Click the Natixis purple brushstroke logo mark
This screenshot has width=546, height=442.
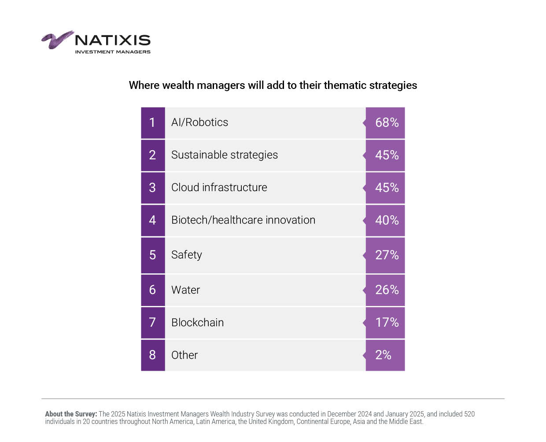tap(57, 40)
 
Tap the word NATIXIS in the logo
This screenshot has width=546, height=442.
tap(113, 41)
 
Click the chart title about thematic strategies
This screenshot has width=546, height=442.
tap(273, 85)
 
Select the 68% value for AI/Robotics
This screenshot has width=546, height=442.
tap(386, 123)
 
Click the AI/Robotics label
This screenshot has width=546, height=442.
tap(199, 122)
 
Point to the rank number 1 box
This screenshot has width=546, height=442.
tap(153, 123)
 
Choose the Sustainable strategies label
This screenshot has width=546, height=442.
tap(224, 155)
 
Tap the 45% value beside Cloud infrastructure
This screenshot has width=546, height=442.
tap(386, 188)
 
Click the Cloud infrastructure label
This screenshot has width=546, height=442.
tap(219, 188)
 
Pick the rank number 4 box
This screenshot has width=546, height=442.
tap(153, 220)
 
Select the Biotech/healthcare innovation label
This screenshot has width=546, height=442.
tap(243, 220)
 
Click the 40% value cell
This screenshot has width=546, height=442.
tap(386, 220)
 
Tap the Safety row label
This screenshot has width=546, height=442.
tap(186, 255)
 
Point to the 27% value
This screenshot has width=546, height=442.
tap(386, 255)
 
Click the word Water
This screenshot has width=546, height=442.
tap(185, 290)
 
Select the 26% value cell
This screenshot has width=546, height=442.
tap(386, 290)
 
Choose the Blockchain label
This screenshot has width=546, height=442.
tap(197, 323)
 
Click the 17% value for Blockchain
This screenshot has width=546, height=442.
tap(386, 323)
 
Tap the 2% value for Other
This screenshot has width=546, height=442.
tap(383, 355)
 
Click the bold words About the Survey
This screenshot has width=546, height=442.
tap(71, 414)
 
